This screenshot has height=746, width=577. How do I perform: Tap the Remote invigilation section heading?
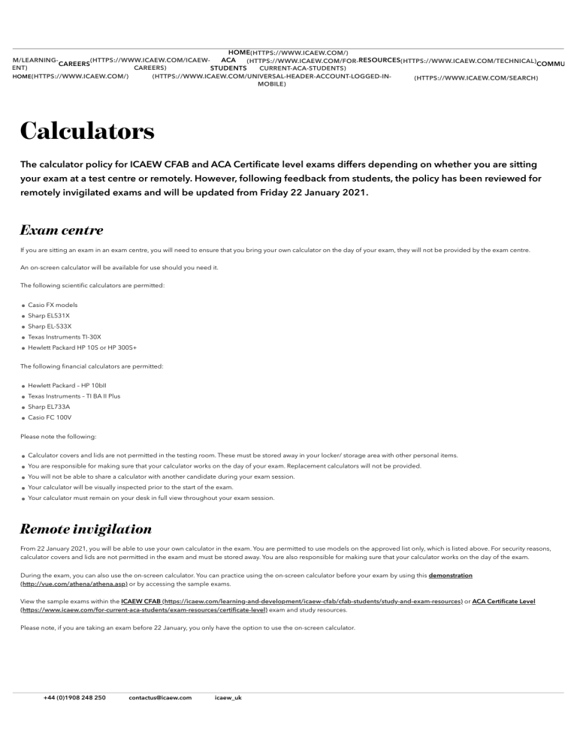[86, 528]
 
